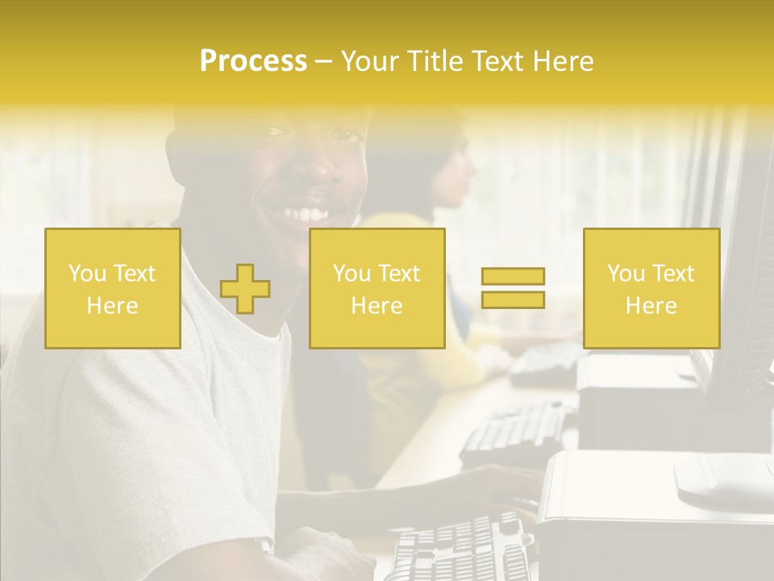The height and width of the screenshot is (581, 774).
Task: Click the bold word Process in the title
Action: click(253, 61)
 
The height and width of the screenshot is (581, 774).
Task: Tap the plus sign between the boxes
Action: click(245, 289)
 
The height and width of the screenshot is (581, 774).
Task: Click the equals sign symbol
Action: click(513, 288)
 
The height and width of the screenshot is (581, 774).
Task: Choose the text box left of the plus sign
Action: click(113, 289)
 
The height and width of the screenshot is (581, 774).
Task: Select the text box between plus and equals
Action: click(377, 289)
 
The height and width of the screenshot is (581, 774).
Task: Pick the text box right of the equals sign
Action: click(651, 289)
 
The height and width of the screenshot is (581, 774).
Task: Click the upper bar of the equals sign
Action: click(513, 276)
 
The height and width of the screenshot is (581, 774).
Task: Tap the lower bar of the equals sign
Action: click(513, 299)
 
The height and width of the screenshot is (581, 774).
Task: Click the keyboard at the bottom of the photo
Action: click(460, 549)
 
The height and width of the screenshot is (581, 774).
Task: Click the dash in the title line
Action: click(324, 61)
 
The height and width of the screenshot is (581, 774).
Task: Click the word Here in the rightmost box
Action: click(651, 306)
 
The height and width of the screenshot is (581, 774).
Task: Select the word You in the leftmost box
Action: click(85, 274)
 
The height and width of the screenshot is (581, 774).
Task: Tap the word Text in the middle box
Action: click(400, 274)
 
